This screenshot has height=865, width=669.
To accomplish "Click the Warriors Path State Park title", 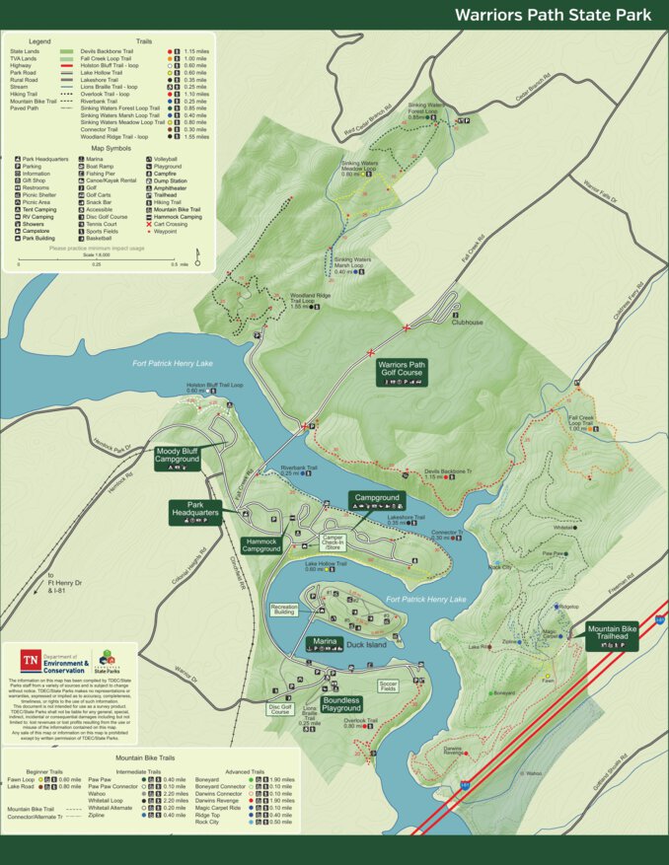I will coord(552,15).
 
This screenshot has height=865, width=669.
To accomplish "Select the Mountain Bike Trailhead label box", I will coord(612,635).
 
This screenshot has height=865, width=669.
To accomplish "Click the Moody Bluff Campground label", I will coord(178,456).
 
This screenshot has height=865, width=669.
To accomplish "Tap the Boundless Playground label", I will coord(341,704).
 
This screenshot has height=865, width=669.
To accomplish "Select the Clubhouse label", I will coord(468,322).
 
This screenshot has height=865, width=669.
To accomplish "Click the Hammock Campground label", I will coord(261,543).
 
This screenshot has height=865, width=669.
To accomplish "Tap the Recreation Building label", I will coord(284,610).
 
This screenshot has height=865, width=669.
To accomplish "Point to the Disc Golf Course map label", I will coord(280,708).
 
